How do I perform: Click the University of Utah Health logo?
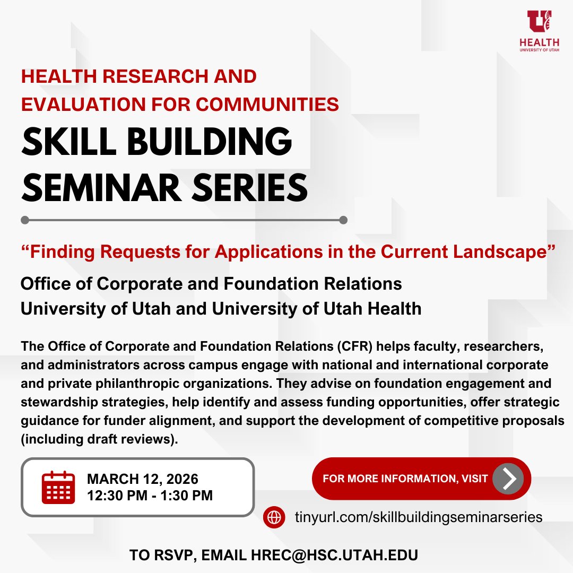coord(539,30)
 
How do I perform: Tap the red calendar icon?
coord(58,487)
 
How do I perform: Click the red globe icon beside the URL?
coord(274,517)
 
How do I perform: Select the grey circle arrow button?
coord(508,479)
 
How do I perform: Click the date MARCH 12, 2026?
coord(143,479)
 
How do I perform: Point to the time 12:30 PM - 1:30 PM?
coord(150,496)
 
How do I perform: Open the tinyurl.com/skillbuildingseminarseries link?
coord(418,517)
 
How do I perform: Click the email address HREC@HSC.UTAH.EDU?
coord(333,555)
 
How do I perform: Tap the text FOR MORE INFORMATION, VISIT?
coord(405,479)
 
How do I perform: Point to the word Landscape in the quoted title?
coord(501,252)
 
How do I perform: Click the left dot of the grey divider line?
coord(24,220)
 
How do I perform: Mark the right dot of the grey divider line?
coord(343,220)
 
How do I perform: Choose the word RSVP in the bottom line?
coord(169,555)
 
